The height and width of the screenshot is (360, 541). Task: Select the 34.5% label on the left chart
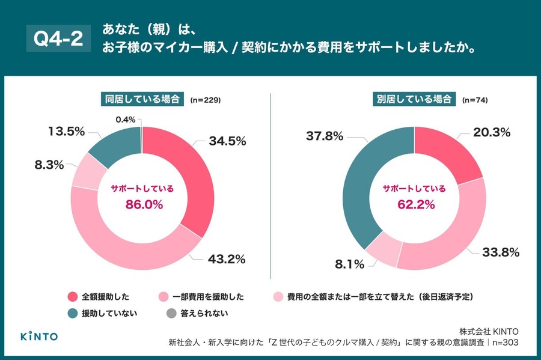coord(228,141)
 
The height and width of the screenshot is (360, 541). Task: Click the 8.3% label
coord(49,163)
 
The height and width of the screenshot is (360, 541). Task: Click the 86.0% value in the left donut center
coord(143,204)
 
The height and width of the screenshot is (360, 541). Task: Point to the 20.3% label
coord(492,132)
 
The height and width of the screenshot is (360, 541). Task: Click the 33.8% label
coord(500,252)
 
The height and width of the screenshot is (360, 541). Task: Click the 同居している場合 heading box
coord(142,100)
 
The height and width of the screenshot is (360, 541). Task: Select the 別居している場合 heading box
coord(414,100)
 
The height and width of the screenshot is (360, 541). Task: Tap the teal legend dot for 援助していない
coord(73,313)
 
